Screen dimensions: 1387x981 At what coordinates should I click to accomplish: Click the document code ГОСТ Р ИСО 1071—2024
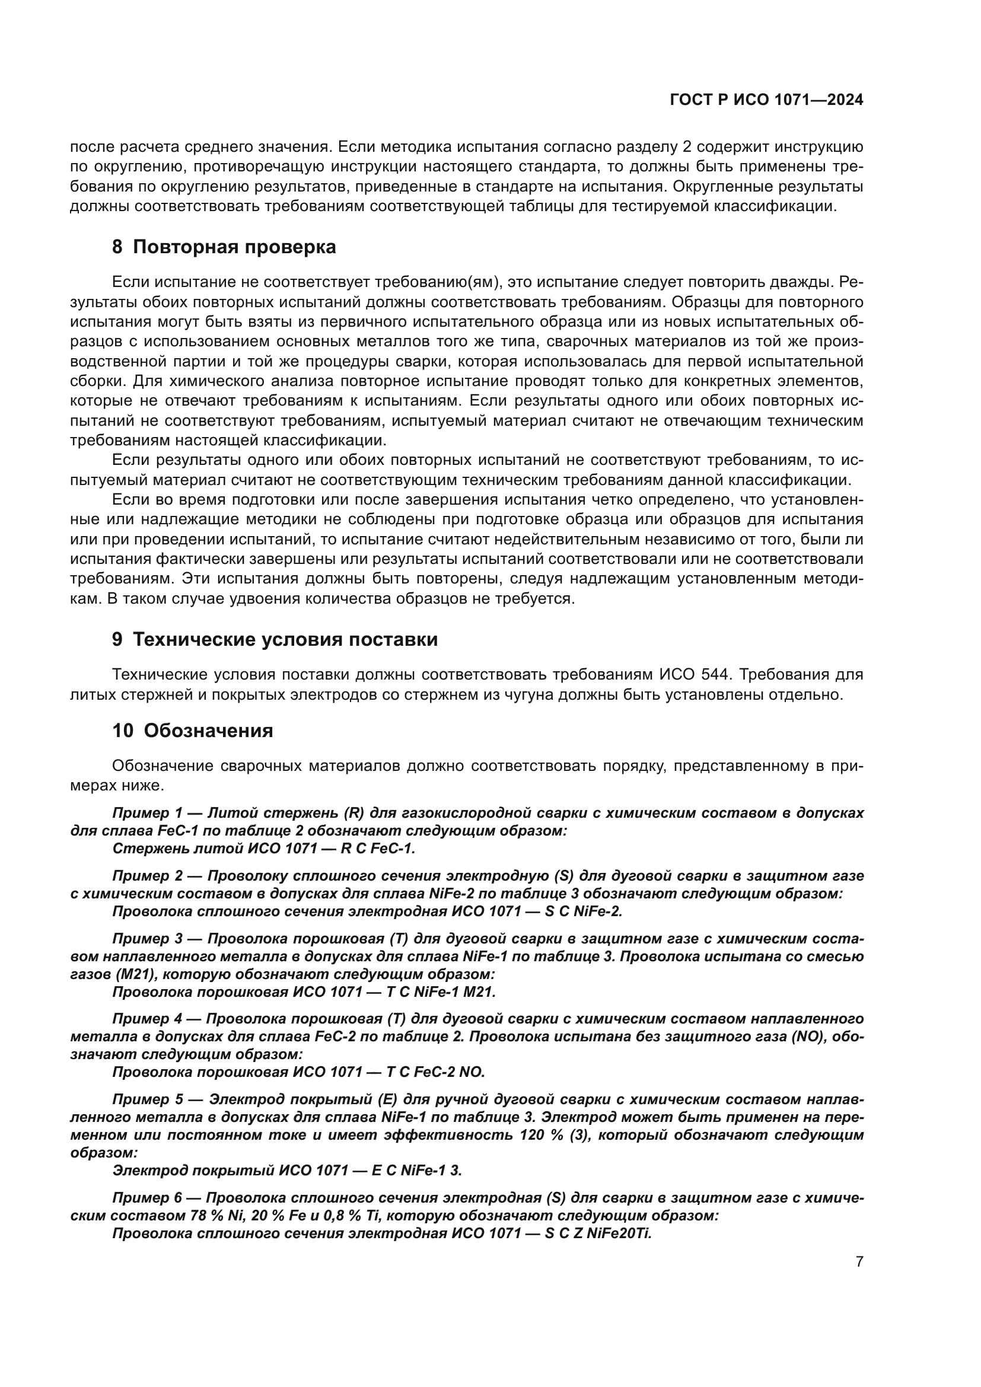[766, 100]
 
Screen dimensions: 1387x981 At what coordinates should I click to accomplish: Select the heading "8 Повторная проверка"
[224, 247]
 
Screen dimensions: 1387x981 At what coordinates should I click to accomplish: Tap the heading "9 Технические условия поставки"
[275, 639]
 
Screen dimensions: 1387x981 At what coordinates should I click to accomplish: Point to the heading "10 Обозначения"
[193, 731]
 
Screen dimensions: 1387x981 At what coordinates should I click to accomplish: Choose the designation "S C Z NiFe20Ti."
[598, 1233]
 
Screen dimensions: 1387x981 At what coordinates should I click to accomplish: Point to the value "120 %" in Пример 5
[542, 1135]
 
